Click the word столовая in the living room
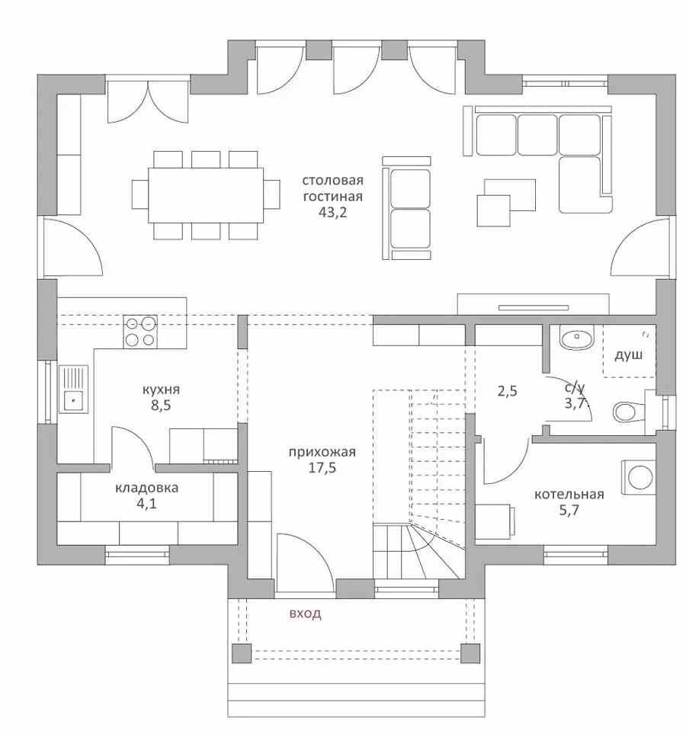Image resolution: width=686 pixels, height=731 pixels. pos(332,180)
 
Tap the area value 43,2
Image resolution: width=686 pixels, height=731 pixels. pos(332,213)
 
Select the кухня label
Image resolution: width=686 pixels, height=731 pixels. pos(161,390)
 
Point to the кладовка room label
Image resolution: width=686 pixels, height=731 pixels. pos(146,488)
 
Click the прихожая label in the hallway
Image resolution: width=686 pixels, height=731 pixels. pos(322,452)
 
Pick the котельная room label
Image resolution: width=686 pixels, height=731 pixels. pos(569,494)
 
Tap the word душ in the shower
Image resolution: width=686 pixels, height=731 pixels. pos(628,355)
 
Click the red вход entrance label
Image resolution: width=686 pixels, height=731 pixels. pos(305,613)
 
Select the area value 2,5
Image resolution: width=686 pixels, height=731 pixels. pos(507,391)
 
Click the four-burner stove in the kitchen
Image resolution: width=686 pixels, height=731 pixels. pos(140,332)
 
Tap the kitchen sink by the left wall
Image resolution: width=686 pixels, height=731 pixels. pos(73,388)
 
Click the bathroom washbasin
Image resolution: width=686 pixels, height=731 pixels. pos(577,337)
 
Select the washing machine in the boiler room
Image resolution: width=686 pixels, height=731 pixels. pos(639,477)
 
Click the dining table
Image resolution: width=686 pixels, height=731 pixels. pos(206,195)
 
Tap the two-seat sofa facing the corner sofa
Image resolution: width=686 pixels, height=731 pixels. pos(407,208)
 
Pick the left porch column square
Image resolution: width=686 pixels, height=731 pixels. pos(242,653)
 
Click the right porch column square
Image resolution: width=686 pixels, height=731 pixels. pos(470,653)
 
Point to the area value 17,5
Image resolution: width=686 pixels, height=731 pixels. pos(322,467)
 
